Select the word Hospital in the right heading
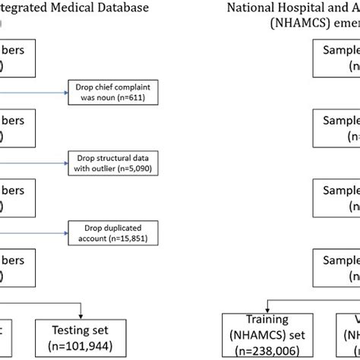(x=312, y=9)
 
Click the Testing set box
(x=78, y=334)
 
